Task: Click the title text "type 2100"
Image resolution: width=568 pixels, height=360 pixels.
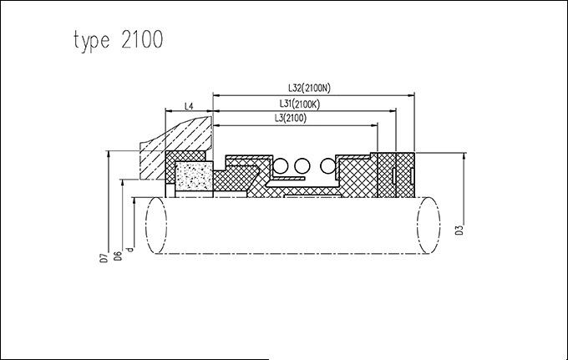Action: [x=119, y=40]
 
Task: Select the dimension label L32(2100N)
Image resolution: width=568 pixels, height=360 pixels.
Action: [x=309, y=88]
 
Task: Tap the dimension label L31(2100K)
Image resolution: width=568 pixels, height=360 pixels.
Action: [x=300, y=104]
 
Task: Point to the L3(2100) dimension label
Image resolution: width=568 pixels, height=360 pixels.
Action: [x=291, y=118]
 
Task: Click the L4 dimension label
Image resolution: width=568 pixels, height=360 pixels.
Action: [x=189, y=106]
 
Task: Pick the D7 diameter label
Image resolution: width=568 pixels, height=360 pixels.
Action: [x=104, y=257]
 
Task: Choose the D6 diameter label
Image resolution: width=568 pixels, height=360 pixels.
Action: [x=118, y=256]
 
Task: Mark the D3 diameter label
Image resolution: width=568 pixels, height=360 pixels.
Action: [x=459, y=230]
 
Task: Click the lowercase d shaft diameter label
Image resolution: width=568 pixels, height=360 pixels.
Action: [x=130, y=248]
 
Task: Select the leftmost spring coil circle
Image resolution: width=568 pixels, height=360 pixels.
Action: [x=280, y=166]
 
